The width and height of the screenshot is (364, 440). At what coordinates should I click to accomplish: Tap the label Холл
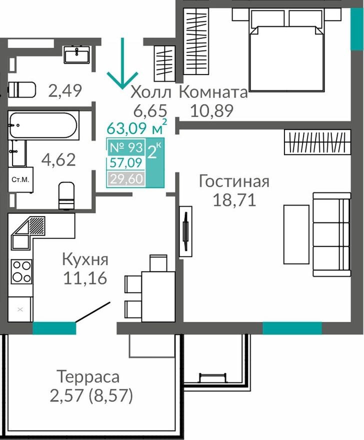[x=151, y=92]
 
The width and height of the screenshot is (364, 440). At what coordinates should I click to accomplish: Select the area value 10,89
[x=211, y=110]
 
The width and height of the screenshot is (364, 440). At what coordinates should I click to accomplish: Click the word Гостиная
[x=234, y=181]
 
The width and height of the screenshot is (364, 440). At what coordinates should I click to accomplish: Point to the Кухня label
[x=85, y=259]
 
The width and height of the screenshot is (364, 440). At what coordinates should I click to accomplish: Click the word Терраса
[x=88, y=376]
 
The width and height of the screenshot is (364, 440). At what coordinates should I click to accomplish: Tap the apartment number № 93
[x=125, y=148]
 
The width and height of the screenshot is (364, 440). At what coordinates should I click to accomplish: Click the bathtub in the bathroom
[x=43, y=125]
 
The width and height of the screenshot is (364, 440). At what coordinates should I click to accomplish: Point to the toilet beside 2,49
[x=22, y=90]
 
